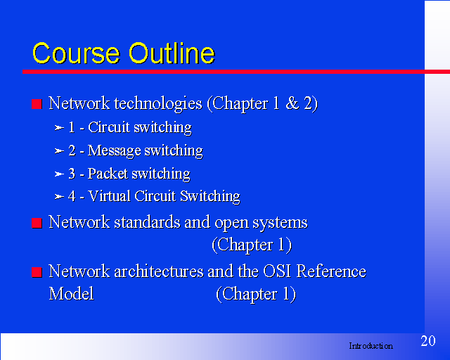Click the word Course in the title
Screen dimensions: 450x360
click(76, 53)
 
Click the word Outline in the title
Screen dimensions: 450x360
click(172, 53)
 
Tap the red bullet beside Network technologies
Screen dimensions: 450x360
click(37, 104)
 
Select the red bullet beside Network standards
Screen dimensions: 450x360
click(37, 223)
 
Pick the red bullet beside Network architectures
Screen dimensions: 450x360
click(37, 272)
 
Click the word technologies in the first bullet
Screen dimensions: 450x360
click(158, 104)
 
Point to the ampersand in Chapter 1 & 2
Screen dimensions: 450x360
click(292, 103)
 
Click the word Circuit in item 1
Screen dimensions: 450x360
click(109, 127)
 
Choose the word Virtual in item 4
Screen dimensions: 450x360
click(110, 196)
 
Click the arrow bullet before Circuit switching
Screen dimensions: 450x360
click(59, 128)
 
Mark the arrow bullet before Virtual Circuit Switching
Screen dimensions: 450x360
click(59, 197)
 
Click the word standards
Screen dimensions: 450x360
click(147, 222)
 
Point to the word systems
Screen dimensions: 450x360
click(280, 224)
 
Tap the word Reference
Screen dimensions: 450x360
click(331, 271)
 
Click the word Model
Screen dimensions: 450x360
click(72, 294)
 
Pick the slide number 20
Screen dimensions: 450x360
click(428, 341)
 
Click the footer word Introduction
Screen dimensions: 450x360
click(371, 346)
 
